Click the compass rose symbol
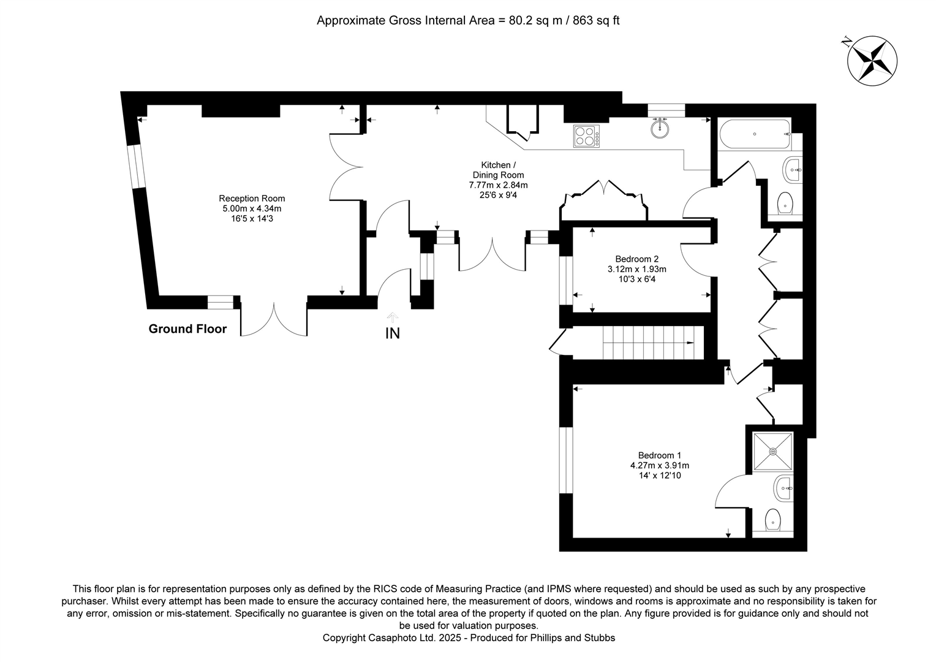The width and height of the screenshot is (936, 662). tap(871, 60)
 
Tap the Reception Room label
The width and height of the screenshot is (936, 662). tap(252, 199)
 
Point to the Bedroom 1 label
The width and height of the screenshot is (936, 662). tap(659, 455)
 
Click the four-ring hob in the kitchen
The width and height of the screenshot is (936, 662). tap(586, 135)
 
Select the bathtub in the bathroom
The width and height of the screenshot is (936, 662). tap(755, 135)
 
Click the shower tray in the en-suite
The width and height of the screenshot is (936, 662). tap(773, 452)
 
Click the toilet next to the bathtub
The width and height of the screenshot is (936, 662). tap(785, 202)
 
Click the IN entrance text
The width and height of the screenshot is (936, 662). tap(392, 334)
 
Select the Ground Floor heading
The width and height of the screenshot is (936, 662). tap(187, 329)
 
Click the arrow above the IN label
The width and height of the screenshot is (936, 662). tap(392, 317)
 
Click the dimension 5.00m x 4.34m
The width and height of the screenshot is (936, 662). tap(252, 208)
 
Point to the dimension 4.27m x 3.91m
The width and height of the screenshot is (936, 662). tap(659, 465)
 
